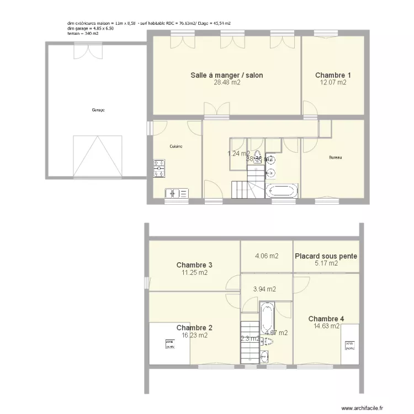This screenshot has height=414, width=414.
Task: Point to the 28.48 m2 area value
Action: click(227, 83)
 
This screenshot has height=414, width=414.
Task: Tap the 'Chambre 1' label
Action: click(333, 75)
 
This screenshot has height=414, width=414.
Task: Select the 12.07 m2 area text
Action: click(333, 83)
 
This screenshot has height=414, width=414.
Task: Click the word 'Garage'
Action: click(98, 110)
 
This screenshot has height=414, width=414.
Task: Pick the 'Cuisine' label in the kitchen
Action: click(176, 146)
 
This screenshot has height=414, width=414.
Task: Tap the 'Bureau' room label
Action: click(335, 158)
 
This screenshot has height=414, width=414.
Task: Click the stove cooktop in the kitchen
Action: click(159, 168)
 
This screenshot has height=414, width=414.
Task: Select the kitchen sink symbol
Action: click(176, 193)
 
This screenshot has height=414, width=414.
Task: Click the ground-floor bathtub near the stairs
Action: click(282, 192)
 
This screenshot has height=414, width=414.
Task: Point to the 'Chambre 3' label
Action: click(194, 265)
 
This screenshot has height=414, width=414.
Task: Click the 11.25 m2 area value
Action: click(195, 273)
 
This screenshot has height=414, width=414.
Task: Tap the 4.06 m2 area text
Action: click(266, 256)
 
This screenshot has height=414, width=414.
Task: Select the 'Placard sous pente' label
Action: click(326, 256)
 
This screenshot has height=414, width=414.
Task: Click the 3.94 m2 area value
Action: click(264, 289)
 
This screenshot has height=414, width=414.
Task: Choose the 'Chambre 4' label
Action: click(326, 319)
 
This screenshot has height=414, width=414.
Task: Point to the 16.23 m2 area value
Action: click(194, 335)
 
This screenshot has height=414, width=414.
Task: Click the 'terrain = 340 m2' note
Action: click(83, 34)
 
